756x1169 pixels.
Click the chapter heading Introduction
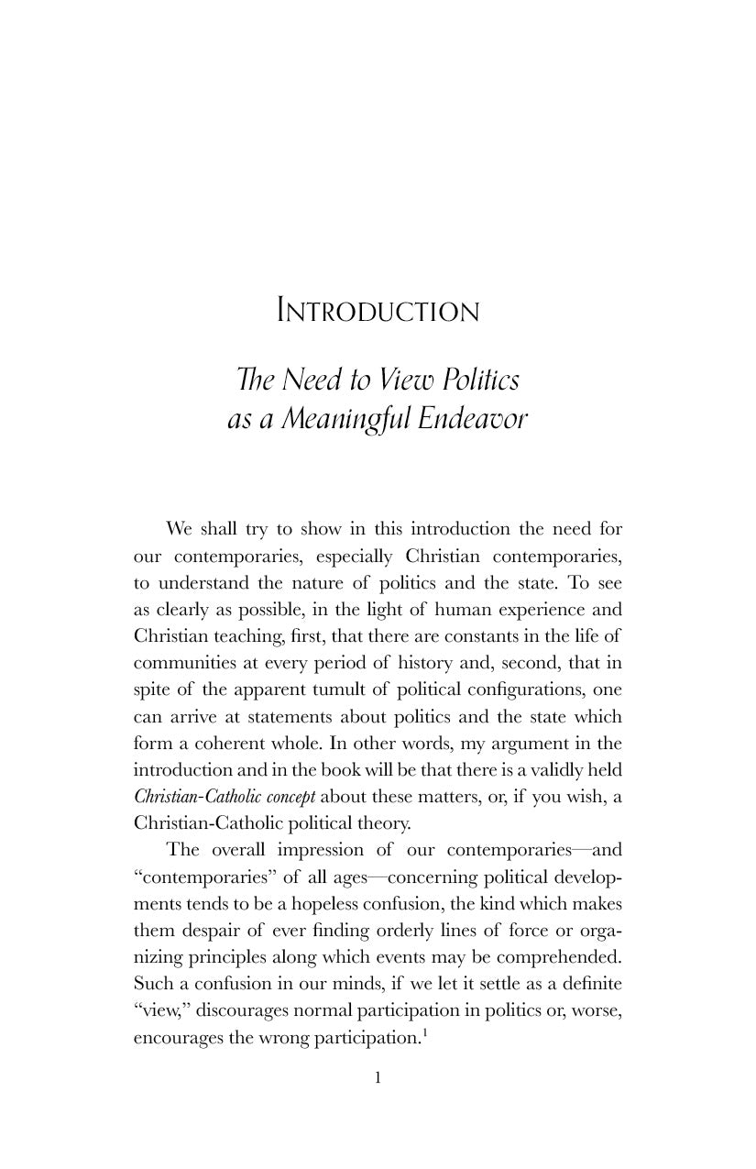click(x=378, y=312)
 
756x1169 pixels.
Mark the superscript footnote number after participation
click(x=422, y=1031)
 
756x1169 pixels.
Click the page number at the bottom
click(x=378, y=1077)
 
